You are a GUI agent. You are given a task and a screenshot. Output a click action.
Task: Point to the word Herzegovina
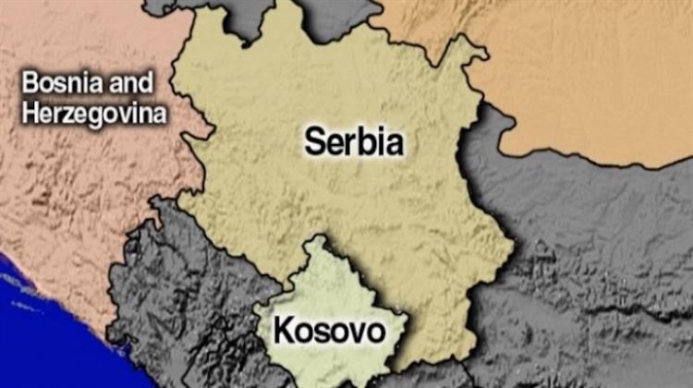click(x=96, y=115)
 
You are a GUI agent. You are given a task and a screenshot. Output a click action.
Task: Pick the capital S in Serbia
click(x=314, y=143)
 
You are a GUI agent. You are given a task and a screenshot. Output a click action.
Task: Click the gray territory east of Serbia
click(x=591, y=259)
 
